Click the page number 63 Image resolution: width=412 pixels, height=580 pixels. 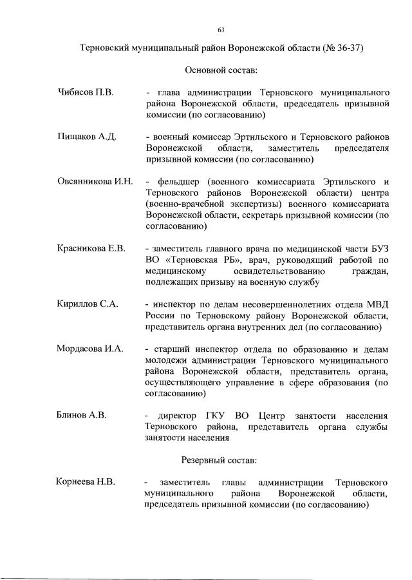click(x=221, y=30)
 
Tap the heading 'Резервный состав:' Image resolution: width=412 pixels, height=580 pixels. click(x=221, y=460)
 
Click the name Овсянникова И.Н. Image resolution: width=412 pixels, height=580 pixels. click(x=95, y=181)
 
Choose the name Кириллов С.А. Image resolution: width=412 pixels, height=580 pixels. click(x=88, y=304)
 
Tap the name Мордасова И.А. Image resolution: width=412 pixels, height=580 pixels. click(x=90, y=349)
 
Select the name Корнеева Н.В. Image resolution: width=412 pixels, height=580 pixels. click(x=85, y=482)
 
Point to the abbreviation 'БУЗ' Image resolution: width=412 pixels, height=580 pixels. click(x=378, y=249)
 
